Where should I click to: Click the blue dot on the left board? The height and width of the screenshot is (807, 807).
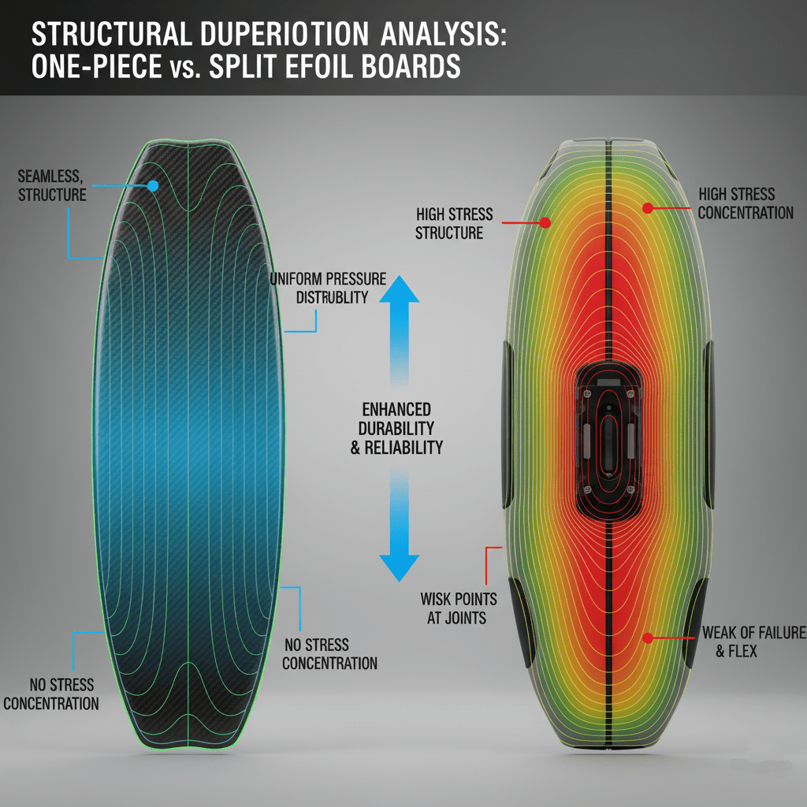point(153,186)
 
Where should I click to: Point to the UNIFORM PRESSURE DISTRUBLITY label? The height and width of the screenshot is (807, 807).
point(328,288)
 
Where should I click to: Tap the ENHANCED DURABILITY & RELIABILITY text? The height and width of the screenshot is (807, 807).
point(396,428)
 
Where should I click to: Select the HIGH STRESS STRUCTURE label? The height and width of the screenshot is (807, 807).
point(454,223)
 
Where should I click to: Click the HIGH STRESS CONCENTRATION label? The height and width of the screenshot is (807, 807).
point(746,203)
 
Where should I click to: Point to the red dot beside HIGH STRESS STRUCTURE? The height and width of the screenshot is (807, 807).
point(545,223)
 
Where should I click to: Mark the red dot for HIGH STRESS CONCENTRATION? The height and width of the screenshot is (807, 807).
point(647,208)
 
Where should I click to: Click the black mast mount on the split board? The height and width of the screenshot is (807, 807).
point(607,441)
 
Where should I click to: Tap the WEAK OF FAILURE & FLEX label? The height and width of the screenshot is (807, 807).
point(753,642)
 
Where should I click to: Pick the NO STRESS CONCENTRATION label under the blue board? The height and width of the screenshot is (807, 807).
point(51,694)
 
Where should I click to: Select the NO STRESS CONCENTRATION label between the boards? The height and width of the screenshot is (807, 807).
point(329,654)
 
